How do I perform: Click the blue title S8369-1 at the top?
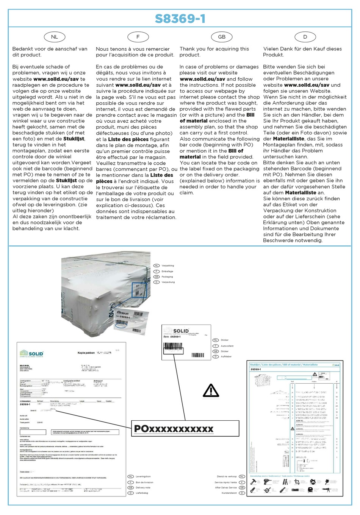point(180,19)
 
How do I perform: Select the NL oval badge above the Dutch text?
point(55,37)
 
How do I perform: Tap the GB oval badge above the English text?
point(222,37)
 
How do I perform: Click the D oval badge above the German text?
point(305,37)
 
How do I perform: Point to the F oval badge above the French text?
point(138,37)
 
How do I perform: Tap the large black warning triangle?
point(211,390)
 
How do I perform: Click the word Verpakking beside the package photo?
point(167,266)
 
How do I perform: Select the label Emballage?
point(167,271)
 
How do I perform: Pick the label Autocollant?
point(227,346)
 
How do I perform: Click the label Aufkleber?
point(226,356)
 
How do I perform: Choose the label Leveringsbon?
point(143,476)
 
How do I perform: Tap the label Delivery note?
point(143,487)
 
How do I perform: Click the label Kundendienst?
point(229,493)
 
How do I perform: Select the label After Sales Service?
point(225,487)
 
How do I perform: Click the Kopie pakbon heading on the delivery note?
point(86,353)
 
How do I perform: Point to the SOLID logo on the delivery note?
point(32,354)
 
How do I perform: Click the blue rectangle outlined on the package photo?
point(139,290)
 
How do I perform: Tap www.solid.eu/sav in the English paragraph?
point(202,79)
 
